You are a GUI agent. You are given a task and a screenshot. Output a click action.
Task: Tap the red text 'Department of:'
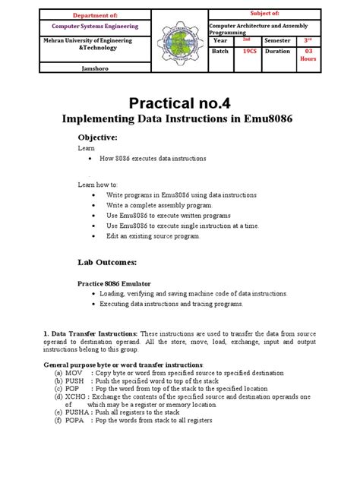point(95,14)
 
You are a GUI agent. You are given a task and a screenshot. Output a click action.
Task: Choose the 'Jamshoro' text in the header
point(95,68)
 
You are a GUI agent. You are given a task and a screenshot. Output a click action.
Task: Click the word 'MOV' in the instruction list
point(74,373)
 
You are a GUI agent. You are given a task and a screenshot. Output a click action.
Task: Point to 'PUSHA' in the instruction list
point(77,412)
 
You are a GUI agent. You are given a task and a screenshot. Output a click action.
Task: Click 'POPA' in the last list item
point(75,421)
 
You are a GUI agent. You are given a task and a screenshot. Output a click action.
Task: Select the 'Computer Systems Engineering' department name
point(95,27)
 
